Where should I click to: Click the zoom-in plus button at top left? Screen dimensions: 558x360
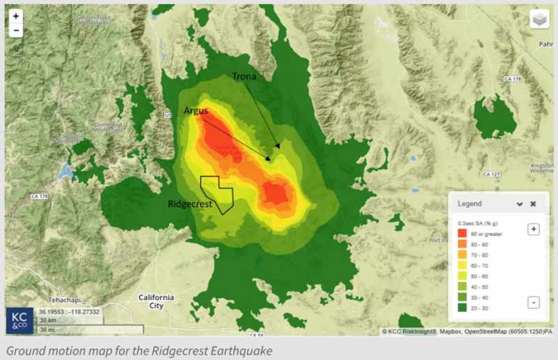click(16, 15)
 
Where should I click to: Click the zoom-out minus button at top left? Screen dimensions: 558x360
click(16, 30)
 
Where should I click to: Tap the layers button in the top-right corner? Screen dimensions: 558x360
click(539, 20)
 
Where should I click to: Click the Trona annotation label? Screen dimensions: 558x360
click(246, 75)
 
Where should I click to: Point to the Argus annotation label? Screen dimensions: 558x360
click(197, 110)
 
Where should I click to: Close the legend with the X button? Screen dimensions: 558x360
click(533, 204)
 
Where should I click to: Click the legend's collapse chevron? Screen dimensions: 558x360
click(520, 204)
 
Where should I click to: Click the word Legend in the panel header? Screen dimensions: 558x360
click(469, 204)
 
